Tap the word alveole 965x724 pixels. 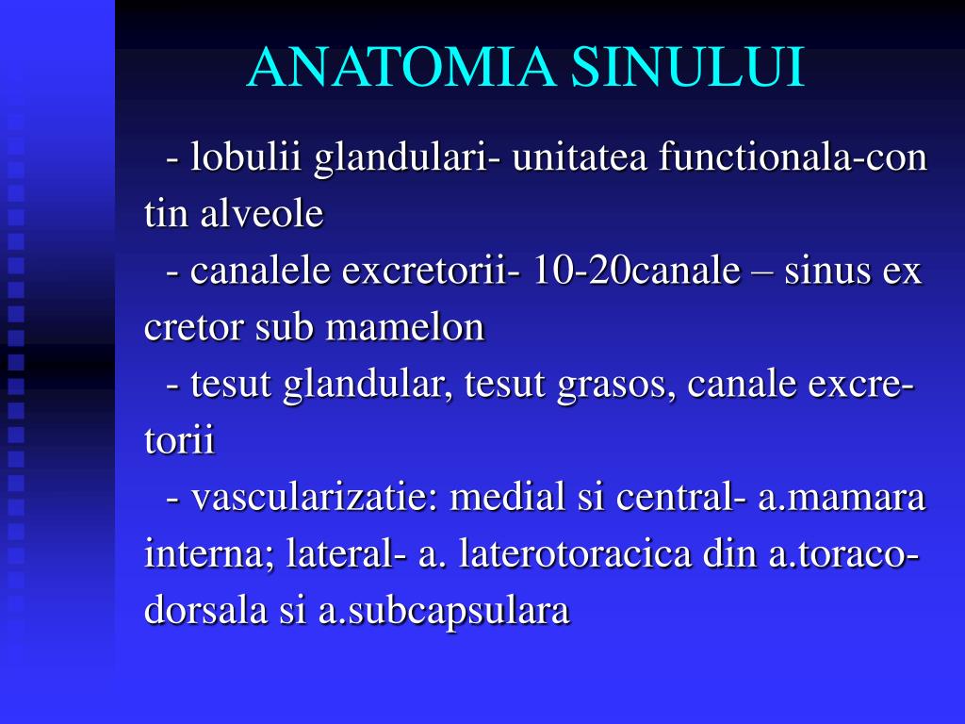261,214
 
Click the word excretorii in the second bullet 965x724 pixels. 422,271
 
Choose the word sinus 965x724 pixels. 827,271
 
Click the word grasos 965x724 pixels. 614,385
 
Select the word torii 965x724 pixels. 180,441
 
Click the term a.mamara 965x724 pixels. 842,498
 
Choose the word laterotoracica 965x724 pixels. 576,554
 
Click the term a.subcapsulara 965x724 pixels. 444,611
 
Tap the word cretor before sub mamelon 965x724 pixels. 194,327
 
